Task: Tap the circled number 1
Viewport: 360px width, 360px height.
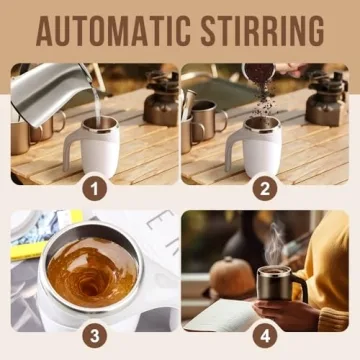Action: (x=94, y=186)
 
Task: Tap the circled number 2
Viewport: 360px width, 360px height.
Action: (x=264, y=186)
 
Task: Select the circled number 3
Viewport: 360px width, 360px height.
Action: (x=94, y=334)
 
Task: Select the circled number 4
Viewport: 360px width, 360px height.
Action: (x=264, y=334)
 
